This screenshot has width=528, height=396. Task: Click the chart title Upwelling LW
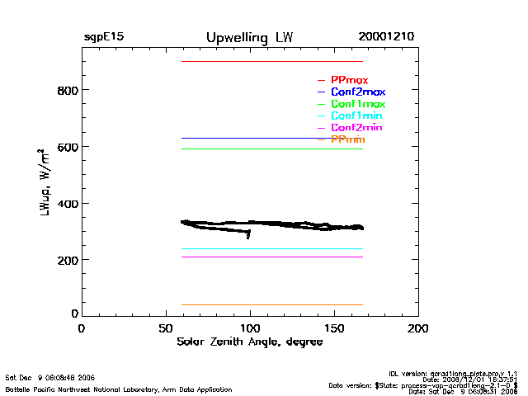249,38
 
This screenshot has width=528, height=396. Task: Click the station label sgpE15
104,38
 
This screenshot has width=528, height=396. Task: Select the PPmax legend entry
349,80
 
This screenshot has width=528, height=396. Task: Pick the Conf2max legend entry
357,92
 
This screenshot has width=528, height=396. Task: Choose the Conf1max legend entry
357,104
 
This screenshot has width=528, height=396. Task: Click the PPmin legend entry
347,140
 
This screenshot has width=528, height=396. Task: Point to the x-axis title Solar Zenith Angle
249,342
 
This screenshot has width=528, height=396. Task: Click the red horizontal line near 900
272,62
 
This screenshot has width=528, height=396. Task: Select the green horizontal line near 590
272,149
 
